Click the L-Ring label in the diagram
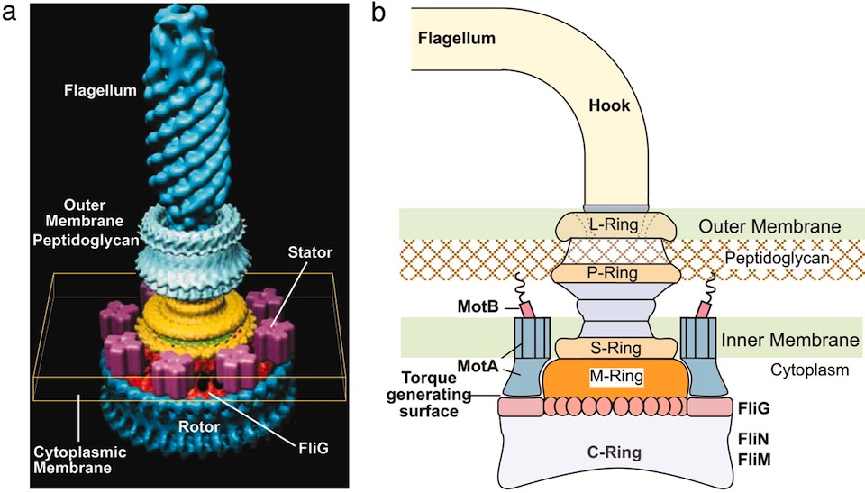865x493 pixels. (x=614, y=224)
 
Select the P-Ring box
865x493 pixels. (x=613, y=273)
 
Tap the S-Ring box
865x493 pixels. (x=615, y=349)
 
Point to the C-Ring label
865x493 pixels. (x=614, y=452)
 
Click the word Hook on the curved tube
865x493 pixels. (x=609, y=105)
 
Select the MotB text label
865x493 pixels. (x=478, y=306)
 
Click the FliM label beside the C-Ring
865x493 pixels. (x=754, y=460)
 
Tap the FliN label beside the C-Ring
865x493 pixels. (x=753, y=439)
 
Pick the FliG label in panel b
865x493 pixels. (x=753, y=408)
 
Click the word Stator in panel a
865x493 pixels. (x=310, y=253)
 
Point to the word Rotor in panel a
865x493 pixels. (x=198, y=426)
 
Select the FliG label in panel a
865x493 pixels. (x=314, y=448)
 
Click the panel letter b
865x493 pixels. (x=378, y=12)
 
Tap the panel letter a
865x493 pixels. (x=9, y=12)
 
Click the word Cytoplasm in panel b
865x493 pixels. (x=809, y=370)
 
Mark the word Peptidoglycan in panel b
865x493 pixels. (x=777, y=259)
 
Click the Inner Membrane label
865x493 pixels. (x=790, y=340)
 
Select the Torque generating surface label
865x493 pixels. (x=429, y=395)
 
